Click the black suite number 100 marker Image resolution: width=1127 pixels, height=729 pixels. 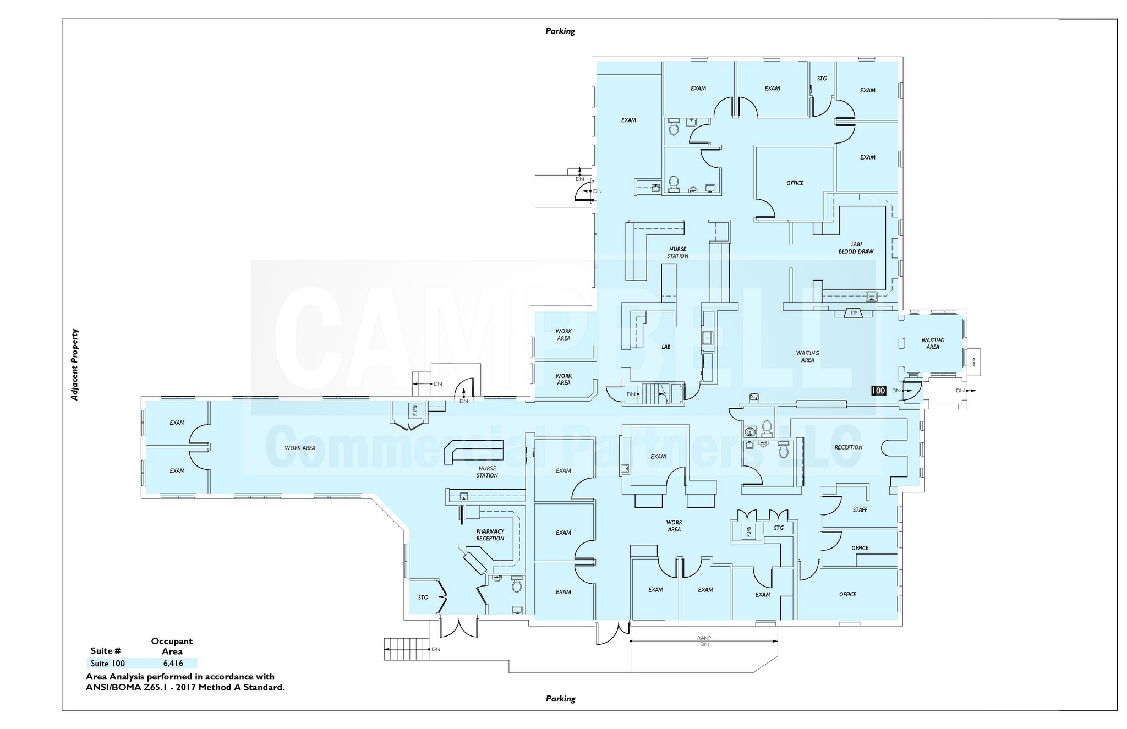(x=878, y=391)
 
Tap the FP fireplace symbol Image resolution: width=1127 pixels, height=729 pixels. (x=854, y=313)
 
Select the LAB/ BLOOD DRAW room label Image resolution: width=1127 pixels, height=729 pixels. (x=856, y=248)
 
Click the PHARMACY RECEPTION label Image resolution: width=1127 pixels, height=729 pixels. (x=490, y=535)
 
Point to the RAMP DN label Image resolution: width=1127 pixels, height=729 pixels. (x=704, y=641)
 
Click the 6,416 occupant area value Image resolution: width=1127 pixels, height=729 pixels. (x=173, y=664)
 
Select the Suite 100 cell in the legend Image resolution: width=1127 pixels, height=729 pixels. (x=108, y=664)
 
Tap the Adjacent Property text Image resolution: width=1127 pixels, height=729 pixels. (x=75, y=365)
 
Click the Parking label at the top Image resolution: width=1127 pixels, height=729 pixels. (x=560, y=31)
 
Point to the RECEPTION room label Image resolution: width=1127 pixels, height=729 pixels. (x=848, y=447)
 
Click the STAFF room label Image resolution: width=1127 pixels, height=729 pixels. (x=860, y=510)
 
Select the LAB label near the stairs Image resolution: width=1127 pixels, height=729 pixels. (x=666, y=347)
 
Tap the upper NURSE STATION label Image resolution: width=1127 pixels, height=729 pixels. (x=677, y=253)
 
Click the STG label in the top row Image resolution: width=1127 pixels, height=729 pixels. (x=822, y=79)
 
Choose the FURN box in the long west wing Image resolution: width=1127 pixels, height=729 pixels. (x=415, y=410)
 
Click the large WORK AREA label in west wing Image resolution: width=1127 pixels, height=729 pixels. (x=300, y=448)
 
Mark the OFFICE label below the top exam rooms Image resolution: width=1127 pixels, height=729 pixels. (x=795, y=183)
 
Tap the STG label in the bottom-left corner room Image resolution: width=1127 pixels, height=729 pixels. (x=423, y=597)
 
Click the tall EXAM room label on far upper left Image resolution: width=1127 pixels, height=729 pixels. (x=628, y=120)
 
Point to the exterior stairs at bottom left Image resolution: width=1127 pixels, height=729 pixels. (x=406, y=649)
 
